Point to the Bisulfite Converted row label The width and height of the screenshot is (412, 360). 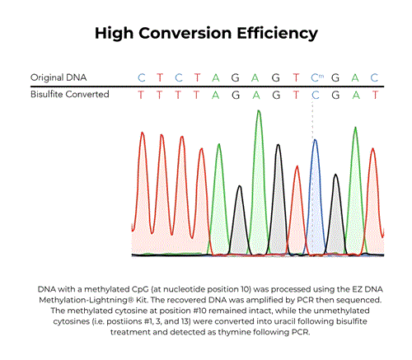point(71,96)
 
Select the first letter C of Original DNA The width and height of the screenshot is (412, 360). point(142,77)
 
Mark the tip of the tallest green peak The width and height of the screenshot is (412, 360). point(259,111)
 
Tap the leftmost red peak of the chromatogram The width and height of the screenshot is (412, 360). point(143,136)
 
